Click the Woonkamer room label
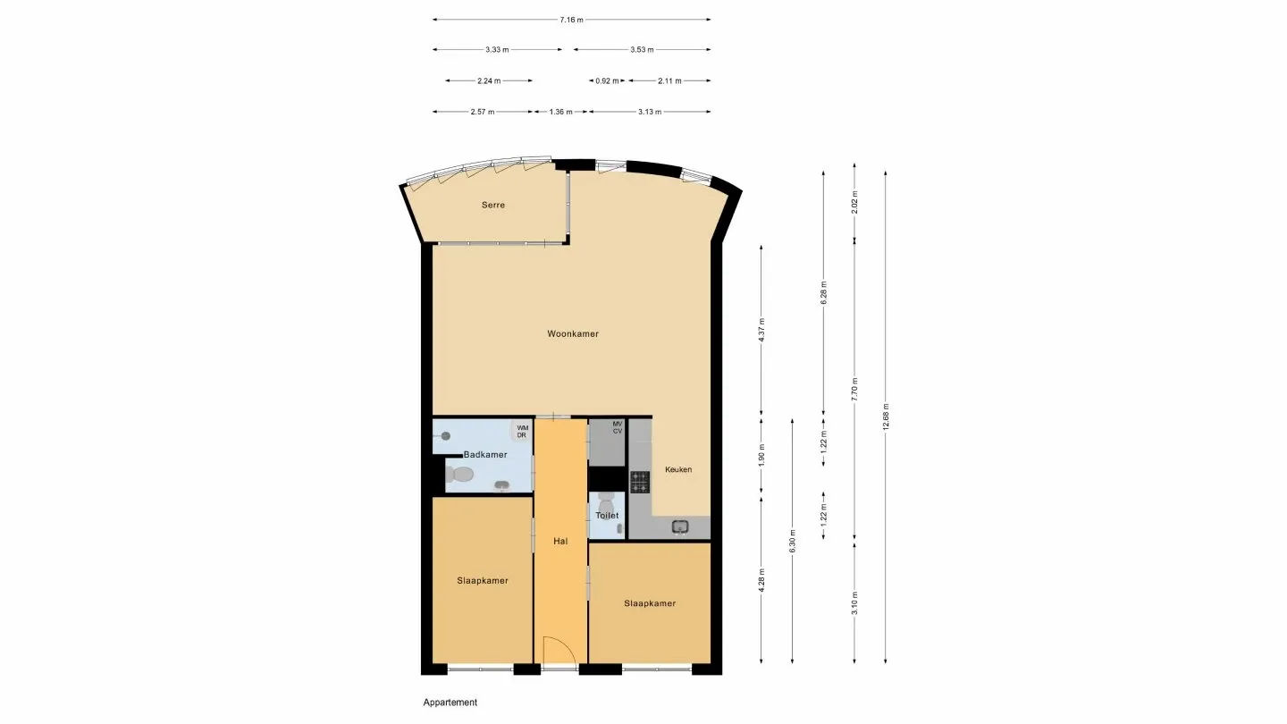tap(573, 334)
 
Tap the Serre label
tap(493, 206)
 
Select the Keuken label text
tap(678, 469)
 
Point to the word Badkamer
tap(485, 455)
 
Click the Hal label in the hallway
tap(560, 541)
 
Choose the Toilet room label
tap(607, 516)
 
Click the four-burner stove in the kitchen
tap(640, 482)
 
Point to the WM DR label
tap(522, 432)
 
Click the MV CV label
tap(617, 427)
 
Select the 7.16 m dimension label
tap(572, 20)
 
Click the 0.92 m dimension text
tap(608, 81)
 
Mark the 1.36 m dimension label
tap(561, 113)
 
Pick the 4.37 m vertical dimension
tap(761, 331)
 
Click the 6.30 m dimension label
tap(793, 542)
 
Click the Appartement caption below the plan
tap(450, 703)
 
